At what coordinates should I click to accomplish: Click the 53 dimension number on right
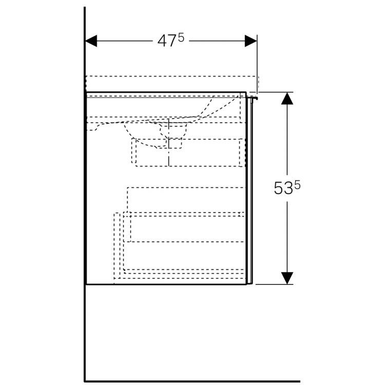(x=283, y=188)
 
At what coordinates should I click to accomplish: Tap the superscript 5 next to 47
(x=181, y=38)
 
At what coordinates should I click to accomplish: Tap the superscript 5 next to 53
(x=297, y=185)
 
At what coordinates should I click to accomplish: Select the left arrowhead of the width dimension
(x=91, y=41)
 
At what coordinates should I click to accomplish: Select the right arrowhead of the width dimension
(x=251, y=41)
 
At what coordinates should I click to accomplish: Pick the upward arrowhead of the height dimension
(x=287, y=99)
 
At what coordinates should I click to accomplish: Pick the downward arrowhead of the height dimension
(x=287, y=278)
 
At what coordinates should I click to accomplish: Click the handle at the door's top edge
(x=253, y=99)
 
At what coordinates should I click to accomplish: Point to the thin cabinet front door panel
(x=249, y=191)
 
